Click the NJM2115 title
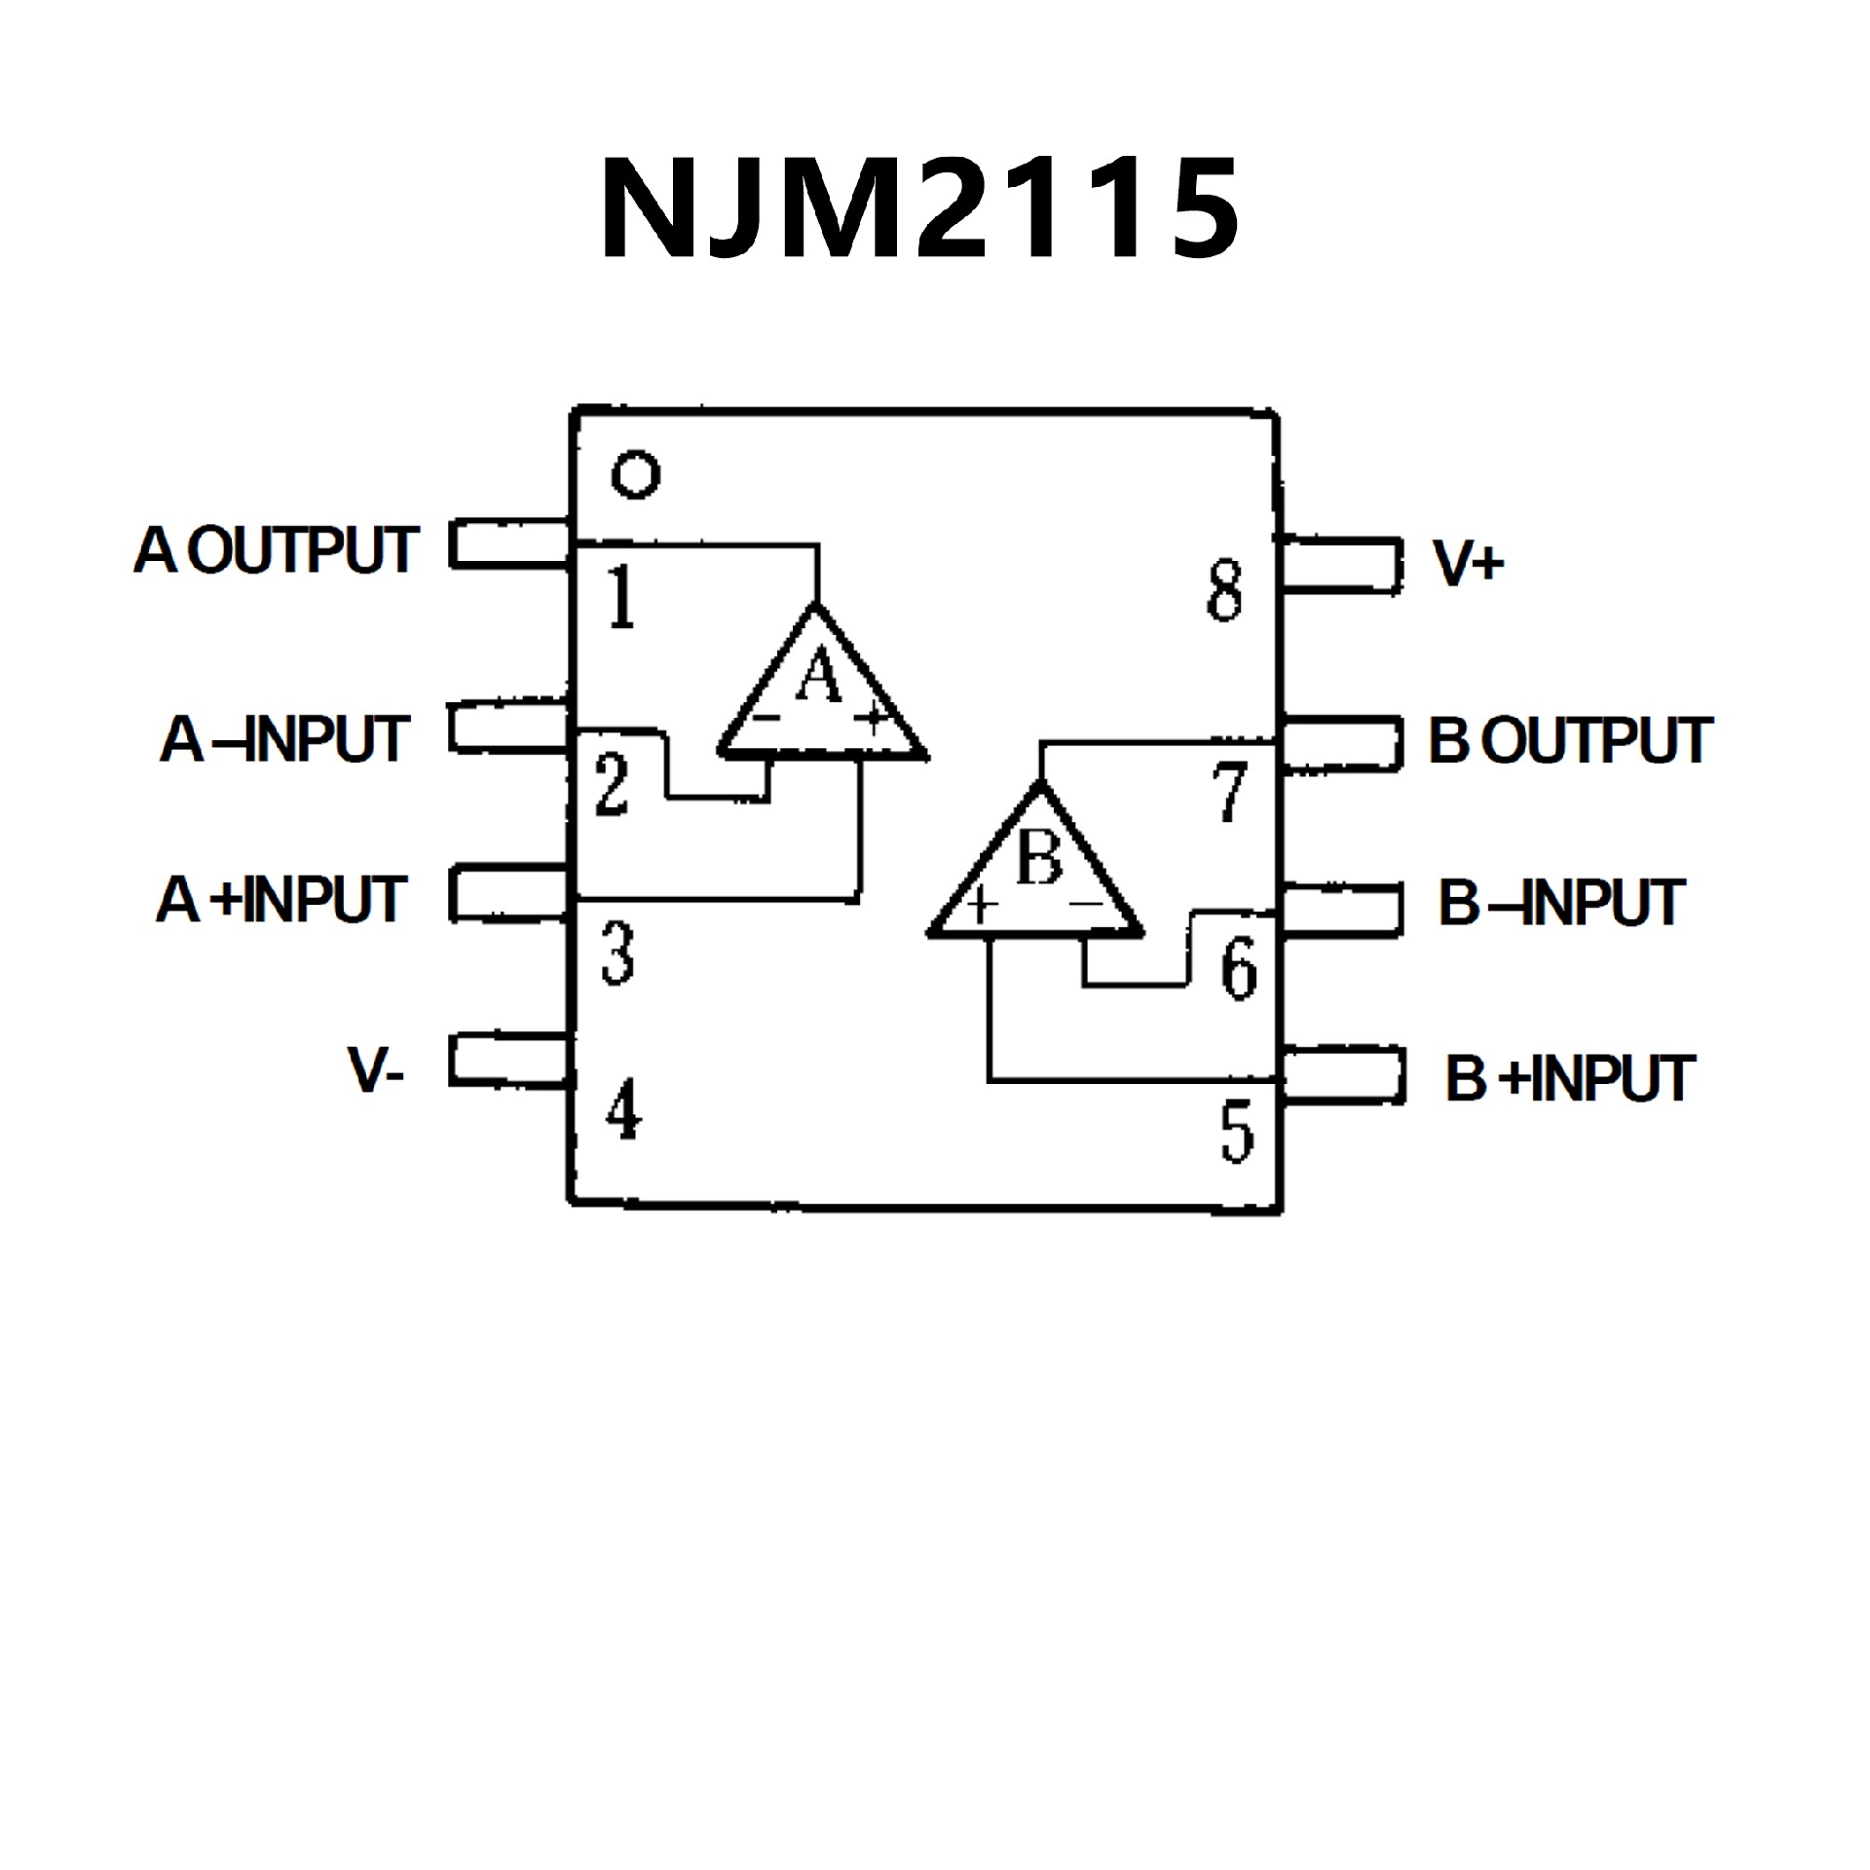tap(919, 209)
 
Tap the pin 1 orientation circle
tap(635, 475)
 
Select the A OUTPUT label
tap(277, 550)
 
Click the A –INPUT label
tap(284, 739)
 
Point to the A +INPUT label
tap(280, 899)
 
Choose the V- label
tap(376, 1071)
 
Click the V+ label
tap(1469, 563)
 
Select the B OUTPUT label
tap(1570, 741)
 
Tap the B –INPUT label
tap(1562, 903)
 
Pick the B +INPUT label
tap(1570, 1078)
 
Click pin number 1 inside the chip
tap(620, 597)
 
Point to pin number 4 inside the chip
tap(623, 1111)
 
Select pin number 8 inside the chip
tap(1224, 590)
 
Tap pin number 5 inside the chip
tap(1237, 1131)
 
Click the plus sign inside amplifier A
tap(872, 719)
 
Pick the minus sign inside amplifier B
tap(1085, 904)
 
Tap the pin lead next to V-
tap(508, 1060)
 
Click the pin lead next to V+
tap(1342, 565)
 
